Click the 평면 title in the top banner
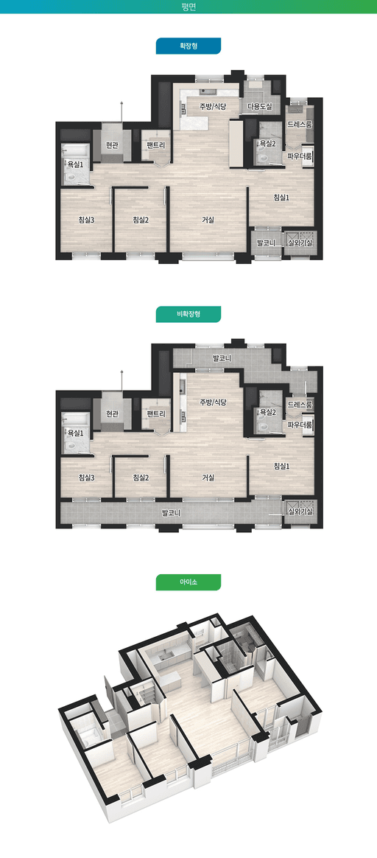[188, 7]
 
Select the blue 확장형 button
[188, 46]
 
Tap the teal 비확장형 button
[188, 314]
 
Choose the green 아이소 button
[188, 582]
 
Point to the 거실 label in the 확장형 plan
[208, 220]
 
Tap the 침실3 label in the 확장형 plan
[87, 220]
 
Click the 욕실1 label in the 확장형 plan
[75, 164]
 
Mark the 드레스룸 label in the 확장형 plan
[300, 125]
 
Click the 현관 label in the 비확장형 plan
[112, 414]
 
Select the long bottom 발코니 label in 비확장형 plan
[171, 513]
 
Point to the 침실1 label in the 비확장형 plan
[281, 466]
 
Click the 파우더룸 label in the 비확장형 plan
[300, 425]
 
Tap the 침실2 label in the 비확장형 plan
[141, 477]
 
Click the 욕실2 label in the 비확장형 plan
[267, 412]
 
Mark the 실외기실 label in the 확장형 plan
[300, 243]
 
